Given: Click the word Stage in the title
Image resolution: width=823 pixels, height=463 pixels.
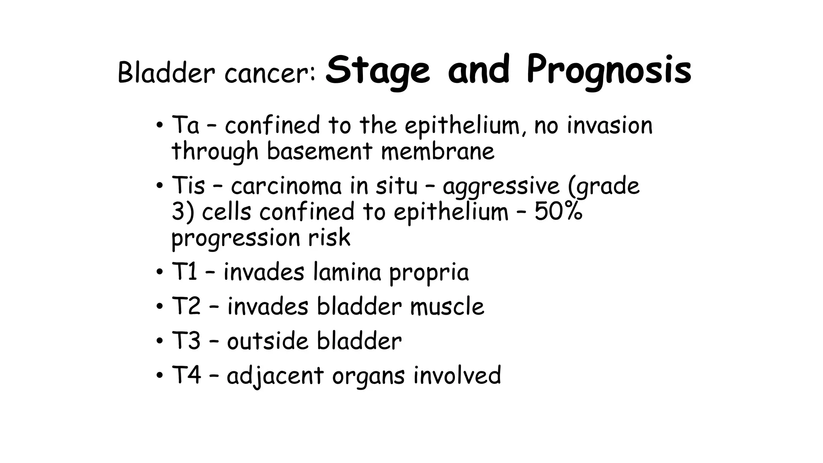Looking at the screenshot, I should click(x=377, y=71).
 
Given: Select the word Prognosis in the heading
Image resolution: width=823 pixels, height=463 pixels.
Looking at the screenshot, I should click(x=609, y=71).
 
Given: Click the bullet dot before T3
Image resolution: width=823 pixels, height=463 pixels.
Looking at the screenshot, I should click(x=160, y=341).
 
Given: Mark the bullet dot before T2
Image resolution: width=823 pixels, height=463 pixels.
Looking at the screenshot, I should click(x=160, y=307).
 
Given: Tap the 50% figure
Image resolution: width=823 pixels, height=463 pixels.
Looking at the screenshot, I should click(x=558, y=211).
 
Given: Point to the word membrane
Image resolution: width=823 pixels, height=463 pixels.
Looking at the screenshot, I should click(x=438, y=152).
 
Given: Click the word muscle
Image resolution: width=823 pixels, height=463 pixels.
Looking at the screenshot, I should click(x=447, y=307).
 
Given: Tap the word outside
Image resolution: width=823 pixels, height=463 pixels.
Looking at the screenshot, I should click(x=268, y=341).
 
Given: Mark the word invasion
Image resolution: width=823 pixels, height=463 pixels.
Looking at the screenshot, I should click(x=609, y=125).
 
